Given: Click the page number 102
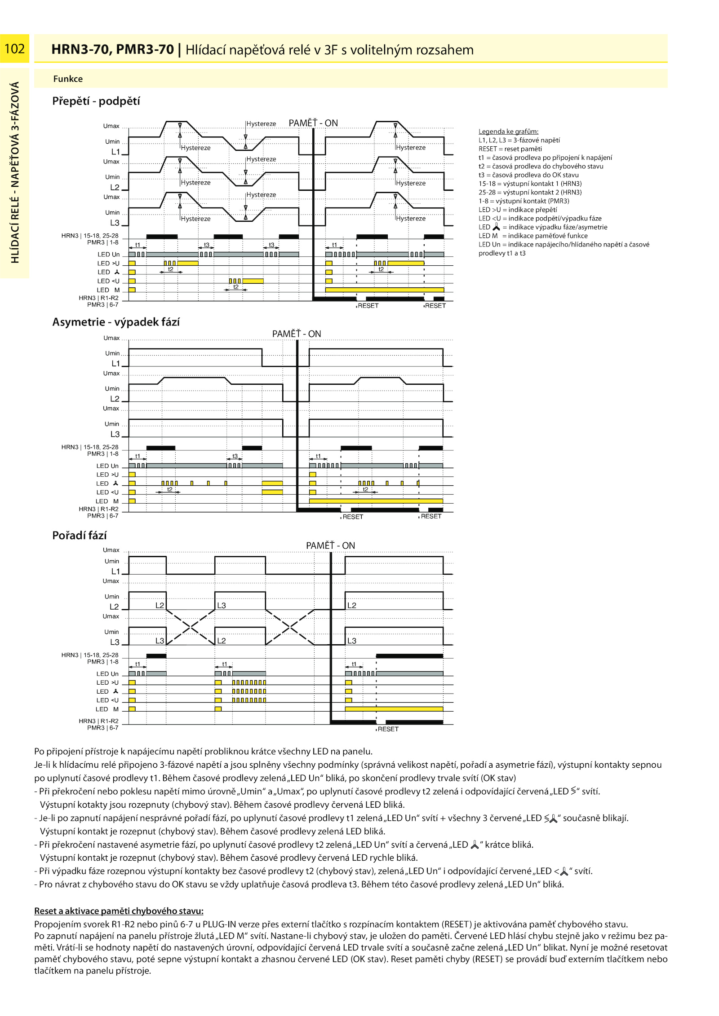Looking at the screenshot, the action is pos(14,48).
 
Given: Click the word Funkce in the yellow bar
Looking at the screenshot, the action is pos(68,79).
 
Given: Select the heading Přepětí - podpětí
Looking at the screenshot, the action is pos(96,101).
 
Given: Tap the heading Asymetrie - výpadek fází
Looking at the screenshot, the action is pos(116,322).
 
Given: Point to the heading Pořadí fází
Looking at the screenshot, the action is pos(80,535).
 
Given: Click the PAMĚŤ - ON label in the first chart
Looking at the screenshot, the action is pos(313,123).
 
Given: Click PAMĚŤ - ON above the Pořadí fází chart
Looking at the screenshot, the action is pos(330,545).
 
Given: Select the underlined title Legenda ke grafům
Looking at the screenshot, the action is pos(508,132).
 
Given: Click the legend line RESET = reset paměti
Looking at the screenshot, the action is pos(510,149).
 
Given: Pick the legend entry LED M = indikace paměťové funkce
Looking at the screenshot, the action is pos(533,236).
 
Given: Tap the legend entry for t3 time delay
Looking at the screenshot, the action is pos(528,175).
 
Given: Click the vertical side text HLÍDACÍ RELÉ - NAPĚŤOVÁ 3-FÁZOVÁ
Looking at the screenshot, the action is pos(15,172).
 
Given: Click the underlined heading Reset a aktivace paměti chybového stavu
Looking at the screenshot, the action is pos(119,910).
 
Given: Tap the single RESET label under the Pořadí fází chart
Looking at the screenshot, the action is pos(388,729).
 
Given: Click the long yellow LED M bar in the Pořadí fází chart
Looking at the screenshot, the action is pos(394,709).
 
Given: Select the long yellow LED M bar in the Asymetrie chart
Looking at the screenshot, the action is pos(376,501).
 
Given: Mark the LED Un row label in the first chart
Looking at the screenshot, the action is pos(108,255).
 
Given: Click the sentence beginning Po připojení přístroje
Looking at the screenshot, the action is pos(203,751).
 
